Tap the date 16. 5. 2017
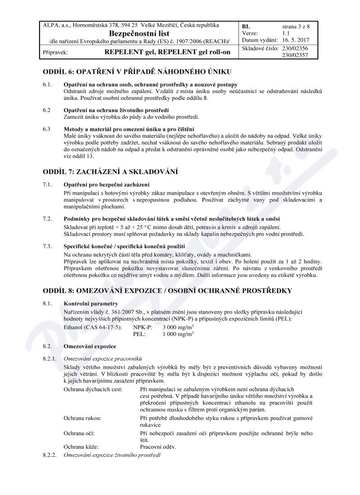click(296, 40)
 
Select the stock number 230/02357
click(295, 55)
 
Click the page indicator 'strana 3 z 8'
click(296, 26)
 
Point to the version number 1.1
click(286, 33)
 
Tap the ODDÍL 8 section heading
click(167, 291)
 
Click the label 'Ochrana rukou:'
click(83, 418)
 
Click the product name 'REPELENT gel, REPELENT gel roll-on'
click(167, 52)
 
